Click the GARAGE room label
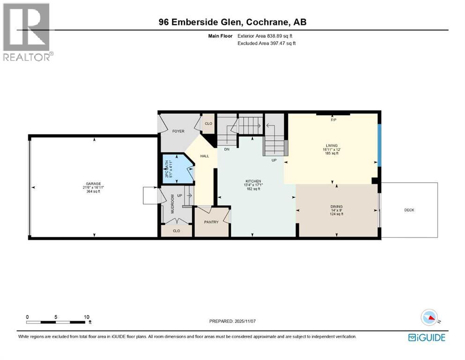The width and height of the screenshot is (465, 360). coord(93,184)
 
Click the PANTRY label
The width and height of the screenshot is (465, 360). coord(211,222)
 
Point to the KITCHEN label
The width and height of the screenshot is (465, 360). coord(253,181)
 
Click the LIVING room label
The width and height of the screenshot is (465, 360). coord(332,145)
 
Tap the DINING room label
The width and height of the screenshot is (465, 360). coord(336,206)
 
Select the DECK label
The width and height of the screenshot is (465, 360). coord(409,210)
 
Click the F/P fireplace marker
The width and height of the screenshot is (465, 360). coord(333,120)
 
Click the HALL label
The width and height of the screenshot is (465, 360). coord(205,156)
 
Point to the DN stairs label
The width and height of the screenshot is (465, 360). coord(226,149)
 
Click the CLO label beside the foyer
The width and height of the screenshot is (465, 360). coord(208,124)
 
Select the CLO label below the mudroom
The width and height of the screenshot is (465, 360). coord(176,231)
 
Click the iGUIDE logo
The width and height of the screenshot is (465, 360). coord(427,337)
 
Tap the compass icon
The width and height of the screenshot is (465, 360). coord(429,318)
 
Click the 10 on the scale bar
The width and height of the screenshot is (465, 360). coord(86,317)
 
